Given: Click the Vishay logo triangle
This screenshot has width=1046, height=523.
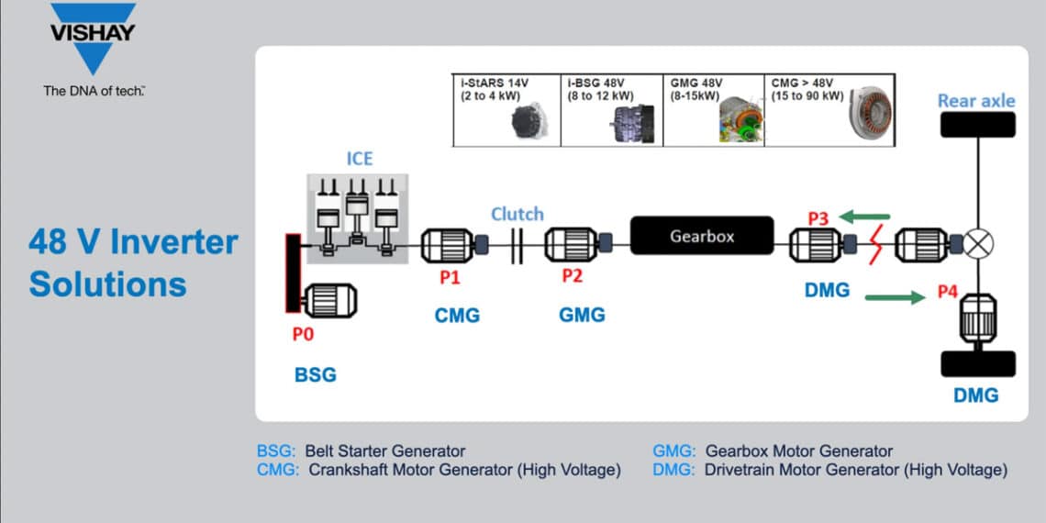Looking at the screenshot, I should coord(93,41).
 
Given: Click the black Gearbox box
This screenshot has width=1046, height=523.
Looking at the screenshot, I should coord(701,236).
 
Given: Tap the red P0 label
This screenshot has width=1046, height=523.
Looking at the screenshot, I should coord(303,335).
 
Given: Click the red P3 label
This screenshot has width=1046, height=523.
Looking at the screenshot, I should coord(818,218).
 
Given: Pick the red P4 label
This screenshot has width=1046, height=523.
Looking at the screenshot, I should coord(948,292).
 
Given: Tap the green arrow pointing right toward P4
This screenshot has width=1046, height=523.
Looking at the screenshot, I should coord(894,296).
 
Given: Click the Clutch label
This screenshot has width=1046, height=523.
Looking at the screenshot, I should coord(517,214).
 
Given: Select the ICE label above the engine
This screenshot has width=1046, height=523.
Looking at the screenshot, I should coord(360,159).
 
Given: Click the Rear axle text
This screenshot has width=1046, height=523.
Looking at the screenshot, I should coord(976,100).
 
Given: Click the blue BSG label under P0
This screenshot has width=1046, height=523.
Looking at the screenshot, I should coord(315,374).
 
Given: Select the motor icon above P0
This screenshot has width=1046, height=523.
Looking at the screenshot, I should coord(328,301).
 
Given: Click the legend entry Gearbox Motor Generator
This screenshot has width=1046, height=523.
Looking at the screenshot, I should coord(772,451).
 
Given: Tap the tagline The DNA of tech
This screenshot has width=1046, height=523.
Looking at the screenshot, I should coord(95,91).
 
